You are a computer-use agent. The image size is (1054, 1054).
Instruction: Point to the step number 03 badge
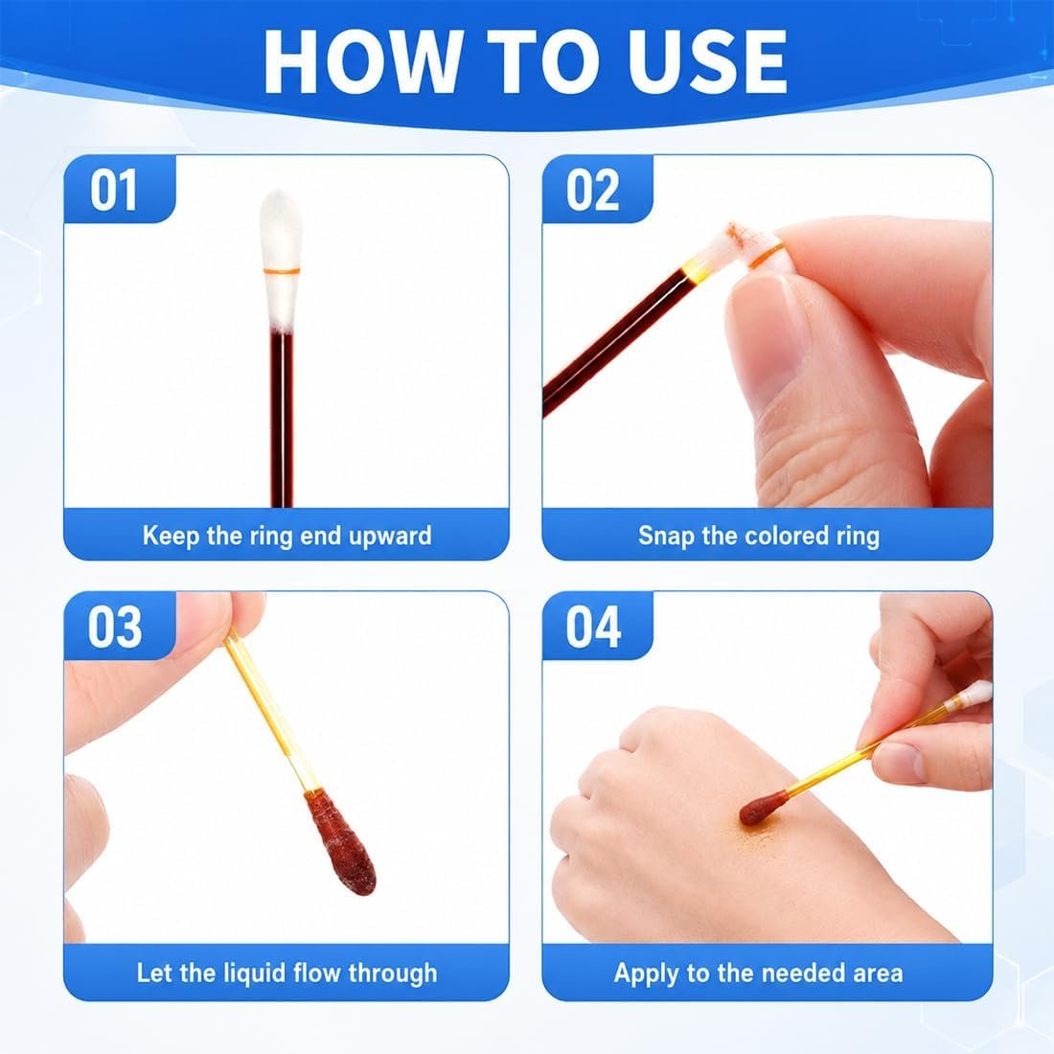[x=119, y=627]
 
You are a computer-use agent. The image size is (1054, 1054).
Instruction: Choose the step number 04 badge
[x=597, y=627]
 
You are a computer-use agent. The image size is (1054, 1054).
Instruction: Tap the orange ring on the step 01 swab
[x=281, y=271]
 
